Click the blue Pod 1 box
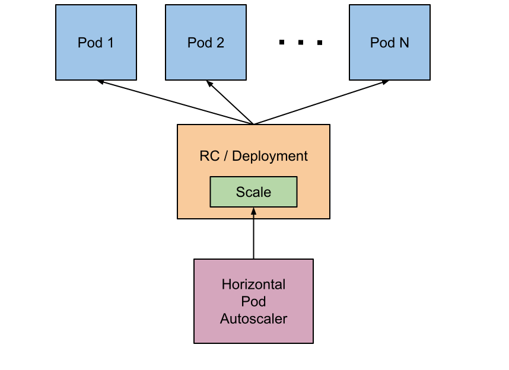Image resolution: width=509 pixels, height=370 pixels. (96, 59)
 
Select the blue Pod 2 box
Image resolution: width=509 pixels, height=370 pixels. (205, 59)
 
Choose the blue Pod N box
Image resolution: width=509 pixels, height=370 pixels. (389, 59)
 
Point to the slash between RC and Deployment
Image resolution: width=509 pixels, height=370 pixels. (226, 157)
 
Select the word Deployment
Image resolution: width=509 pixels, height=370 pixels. (270, 157)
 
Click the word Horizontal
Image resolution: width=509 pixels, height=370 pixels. (253, 285)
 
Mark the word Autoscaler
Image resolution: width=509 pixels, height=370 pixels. (253, 319)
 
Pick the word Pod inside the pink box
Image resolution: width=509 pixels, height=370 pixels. (253, 302)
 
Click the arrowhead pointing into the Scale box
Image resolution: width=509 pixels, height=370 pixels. (253, 211)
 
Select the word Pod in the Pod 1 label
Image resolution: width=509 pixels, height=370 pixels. (89, 43)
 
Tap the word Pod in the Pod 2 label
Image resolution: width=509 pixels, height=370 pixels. (199, 43)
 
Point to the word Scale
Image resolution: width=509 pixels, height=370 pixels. (253, 192)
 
